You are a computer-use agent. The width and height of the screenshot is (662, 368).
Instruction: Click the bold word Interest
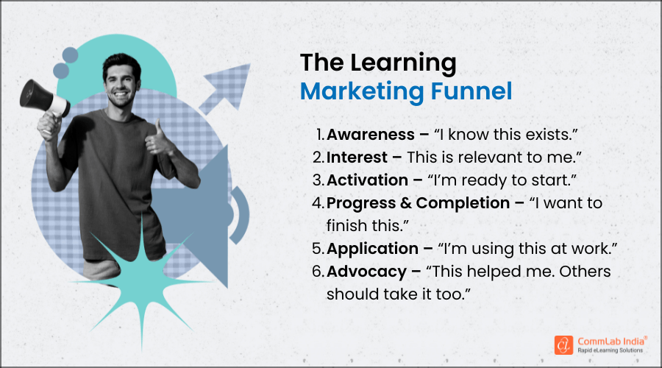click(355, 157)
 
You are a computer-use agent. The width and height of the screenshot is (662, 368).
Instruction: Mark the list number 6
click(318, 272)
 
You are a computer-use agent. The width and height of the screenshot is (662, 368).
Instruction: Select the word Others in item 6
click(585, 272)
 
